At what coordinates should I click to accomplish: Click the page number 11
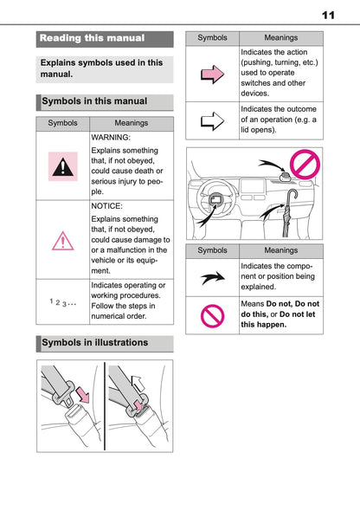point(328,15)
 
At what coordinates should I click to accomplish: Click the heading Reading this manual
point(93,38)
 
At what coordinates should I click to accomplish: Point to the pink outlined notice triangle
point(62,240)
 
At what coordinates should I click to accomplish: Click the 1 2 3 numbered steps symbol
point(62,302)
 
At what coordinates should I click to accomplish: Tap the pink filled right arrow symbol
point(212,75)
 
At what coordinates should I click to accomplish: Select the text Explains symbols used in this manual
point(101,68)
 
